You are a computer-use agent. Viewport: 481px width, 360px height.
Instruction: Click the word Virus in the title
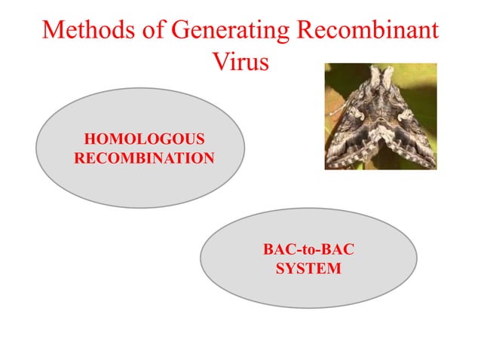pos(240,62)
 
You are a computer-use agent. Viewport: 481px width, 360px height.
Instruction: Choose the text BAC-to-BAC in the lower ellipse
pos(308,249)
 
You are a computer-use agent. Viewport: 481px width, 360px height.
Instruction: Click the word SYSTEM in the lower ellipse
pos(308,268)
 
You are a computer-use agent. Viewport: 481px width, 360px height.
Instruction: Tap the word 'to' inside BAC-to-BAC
pos(308,249)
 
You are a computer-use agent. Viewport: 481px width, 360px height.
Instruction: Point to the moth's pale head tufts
pos(381,75)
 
